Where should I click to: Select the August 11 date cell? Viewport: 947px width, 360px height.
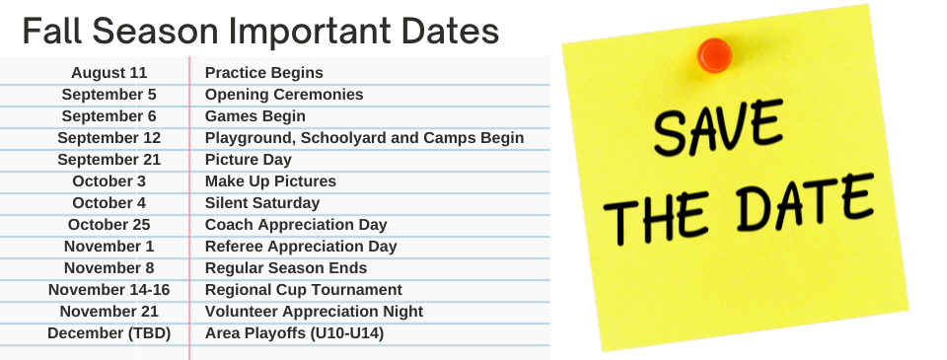point(109,73)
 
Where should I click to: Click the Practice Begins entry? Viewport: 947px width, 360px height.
point(263,73)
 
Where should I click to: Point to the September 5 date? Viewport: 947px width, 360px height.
point(109,95)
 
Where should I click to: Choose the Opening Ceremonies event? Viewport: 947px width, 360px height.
point(284,95)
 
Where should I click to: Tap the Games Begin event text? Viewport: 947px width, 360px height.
point(255,116)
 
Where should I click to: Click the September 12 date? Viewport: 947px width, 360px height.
point(109,138)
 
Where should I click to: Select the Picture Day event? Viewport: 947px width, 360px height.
point(248,160)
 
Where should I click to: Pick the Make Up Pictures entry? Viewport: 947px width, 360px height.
point(270,181)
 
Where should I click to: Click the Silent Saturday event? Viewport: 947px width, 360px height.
point(262,203)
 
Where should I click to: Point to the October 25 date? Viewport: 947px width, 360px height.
point(109,225)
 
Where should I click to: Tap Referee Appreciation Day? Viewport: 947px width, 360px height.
point(300,247)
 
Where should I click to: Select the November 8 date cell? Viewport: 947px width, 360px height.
point(109,268)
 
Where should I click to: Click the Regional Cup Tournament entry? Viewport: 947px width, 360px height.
point(303,290)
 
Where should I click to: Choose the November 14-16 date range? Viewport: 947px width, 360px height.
point(109,290)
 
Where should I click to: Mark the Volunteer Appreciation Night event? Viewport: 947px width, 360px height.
point(314,312)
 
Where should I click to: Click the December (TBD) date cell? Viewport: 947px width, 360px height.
point(109,333)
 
